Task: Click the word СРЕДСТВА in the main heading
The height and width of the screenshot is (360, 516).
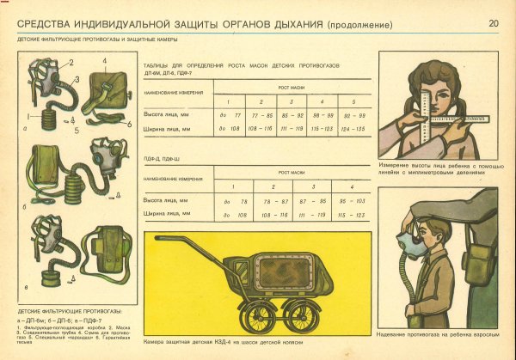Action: (51, 24)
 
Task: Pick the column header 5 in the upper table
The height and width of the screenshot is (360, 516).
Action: (348, 101)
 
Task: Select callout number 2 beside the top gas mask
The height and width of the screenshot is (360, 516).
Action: (71, 62)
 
